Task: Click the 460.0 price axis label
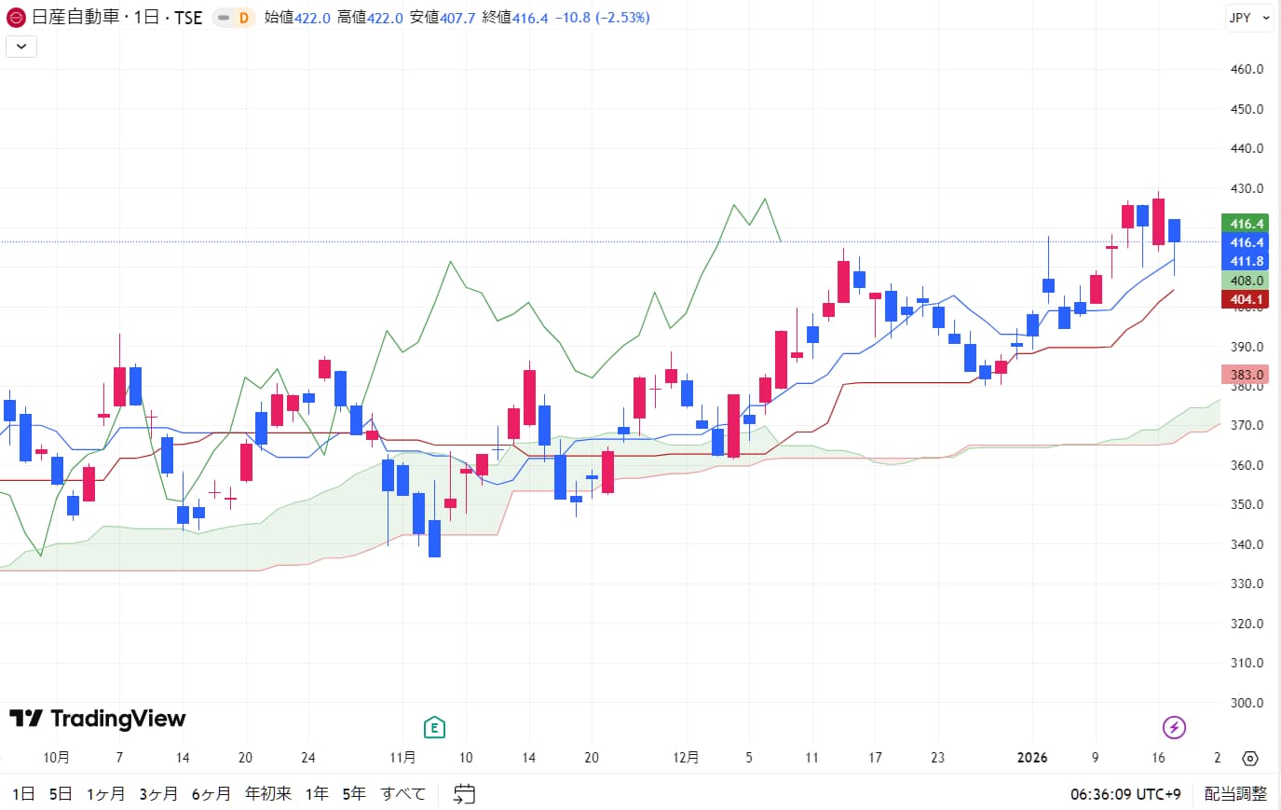point(1247,69)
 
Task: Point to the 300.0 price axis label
point(1247,703)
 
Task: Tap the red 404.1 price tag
point(1246,299)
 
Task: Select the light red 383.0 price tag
point(1246,375)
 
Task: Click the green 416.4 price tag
point(1246,224)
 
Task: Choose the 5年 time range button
point(354,793)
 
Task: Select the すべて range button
point(402,793)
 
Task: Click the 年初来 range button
point(268,793)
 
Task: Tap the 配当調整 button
point(1235,793)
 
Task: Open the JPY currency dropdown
point(1248,18)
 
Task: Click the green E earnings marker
point(433,727)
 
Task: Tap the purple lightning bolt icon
point(1174,727)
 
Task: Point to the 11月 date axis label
point(402,757)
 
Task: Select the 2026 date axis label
point(1032,757)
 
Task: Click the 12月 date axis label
point(686,757)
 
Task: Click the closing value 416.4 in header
point(530,18)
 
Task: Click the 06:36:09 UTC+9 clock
point(1125,794)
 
